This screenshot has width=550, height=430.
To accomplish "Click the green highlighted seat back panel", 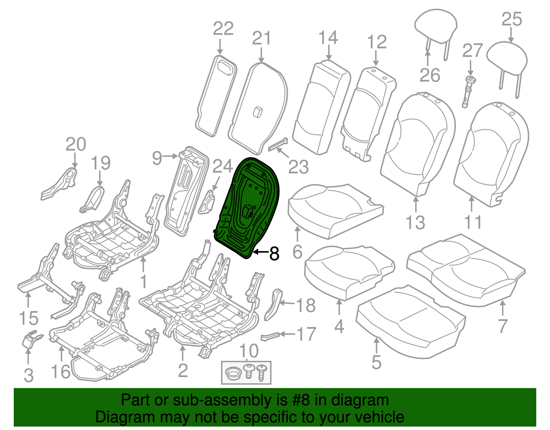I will [249, 207].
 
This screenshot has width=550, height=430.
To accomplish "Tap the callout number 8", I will [274, 254].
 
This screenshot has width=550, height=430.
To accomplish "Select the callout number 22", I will [223, 29].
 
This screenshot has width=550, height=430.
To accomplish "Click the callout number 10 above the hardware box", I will [249, 352].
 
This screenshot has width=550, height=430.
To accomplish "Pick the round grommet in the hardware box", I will [234, 373].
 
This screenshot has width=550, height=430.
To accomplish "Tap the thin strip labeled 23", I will [278, 145].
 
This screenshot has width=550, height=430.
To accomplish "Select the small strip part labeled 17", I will [270, 336].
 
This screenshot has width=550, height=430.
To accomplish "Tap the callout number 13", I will [416, 222].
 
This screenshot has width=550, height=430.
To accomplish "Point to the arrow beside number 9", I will [170, 156].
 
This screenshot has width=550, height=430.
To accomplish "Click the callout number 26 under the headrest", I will [430, 75].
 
